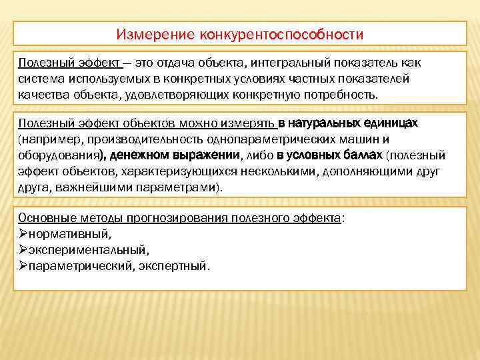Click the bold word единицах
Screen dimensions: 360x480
pos(392,123)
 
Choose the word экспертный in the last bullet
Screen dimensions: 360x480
pos(179,266)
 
